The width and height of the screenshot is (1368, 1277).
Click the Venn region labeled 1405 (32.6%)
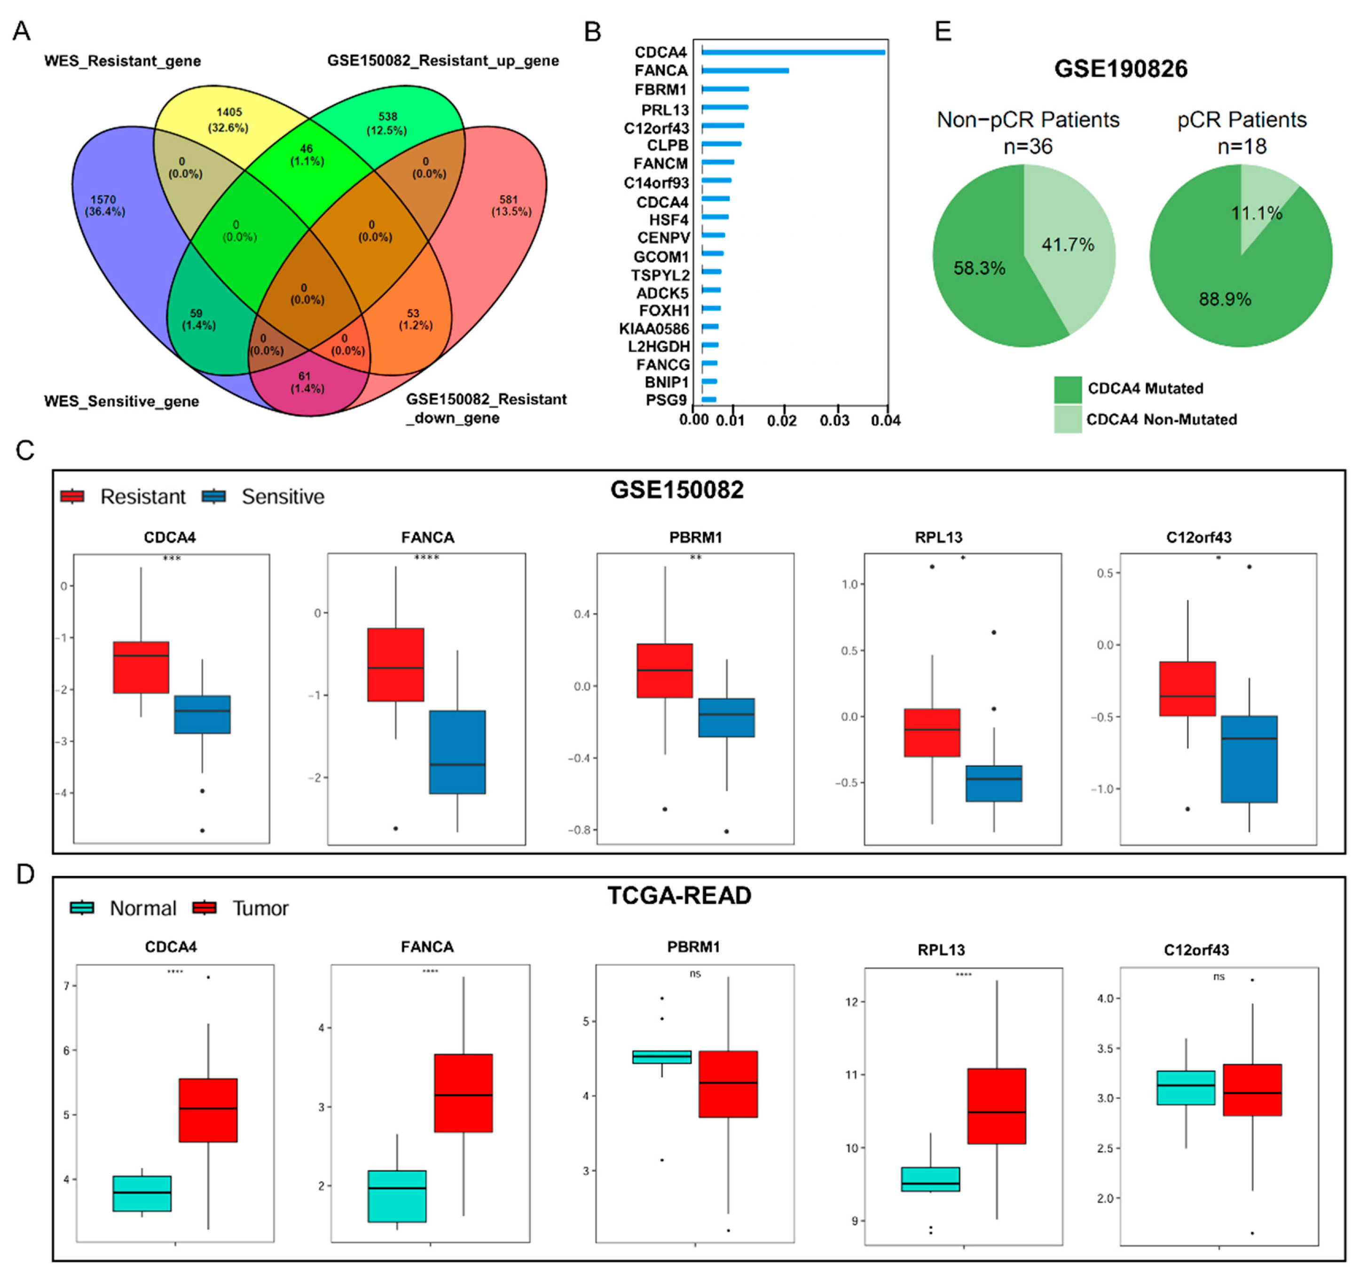coord(228,120)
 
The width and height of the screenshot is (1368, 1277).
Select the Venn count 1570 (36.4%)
coord(104,205)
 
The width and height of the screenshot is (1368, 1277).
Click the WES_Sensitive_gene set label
coord(121,401)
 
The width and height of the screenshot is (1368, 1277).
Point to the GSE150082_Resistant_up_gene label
coord(442,61)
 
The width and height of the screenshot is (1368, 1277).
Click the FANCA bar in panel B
coord(745,70)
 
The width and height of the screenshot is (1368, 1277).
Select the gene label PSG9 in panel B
coord(666,400)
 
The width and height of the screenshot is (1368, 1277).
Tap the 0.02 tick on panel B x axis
coord(782,420)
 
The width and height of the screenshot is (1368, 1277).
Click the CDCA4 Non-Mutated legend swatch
coord(1067,419)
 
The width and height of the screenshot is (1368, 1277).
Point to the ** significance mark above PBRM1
coord(696,557)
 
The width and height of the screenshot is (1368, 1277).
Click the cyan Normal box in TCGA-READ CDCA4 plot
coord(142,1193)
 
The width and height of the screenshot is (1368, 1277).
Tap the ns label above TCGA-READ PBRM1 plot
coord(695,973)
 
